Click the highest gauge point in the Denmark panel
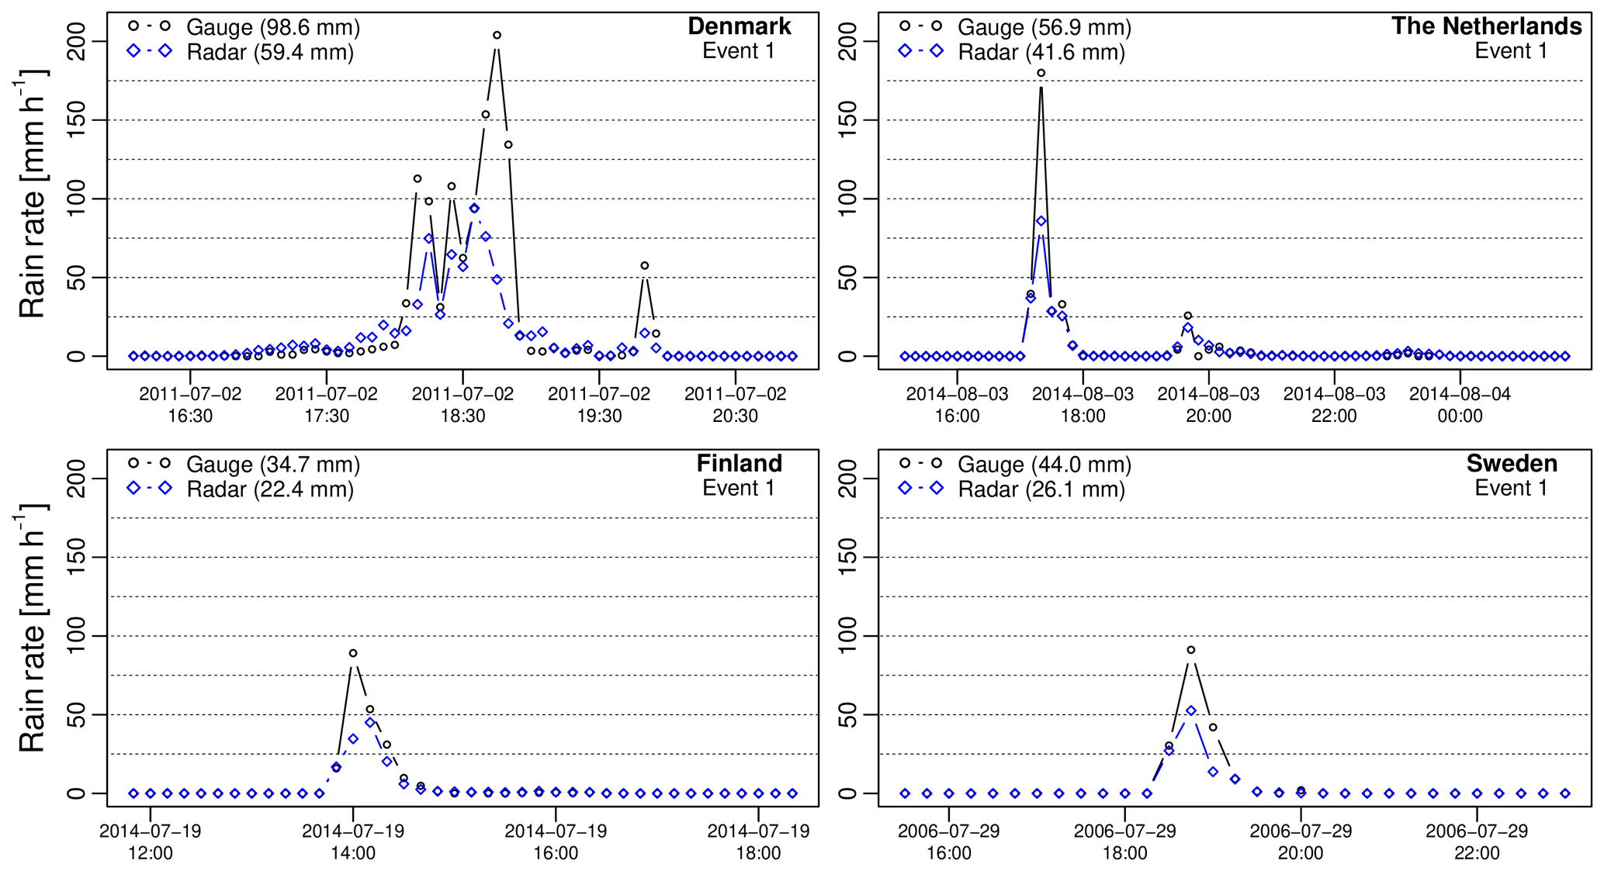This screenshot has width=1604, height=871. (x=497, y=35)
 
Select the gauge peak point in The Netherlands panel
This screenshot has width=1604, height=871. (x=1041, y=74)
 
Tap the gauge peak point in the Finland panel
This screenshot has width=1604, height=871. (x=353, y=653)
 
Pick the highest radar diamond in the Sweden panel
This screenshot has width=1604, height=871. (x=1191, y=710)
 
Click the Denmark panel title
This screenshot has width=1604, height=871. (x=739, y=26)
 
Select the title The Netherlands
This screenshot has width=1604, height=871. (x=1486, y=26)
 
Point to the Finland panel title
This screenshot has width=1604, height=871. (x=739, y=464)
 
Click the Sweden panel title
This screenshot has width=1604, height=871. (x=1512, y=464)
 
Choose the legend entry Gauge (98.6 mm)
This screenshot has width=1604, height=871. (x=272, y=27)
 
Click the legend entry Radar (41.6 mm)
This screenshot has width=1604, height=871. (x=1041, y=52)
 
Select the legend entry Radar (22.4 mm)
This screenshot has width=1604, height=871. (x=269, y=489)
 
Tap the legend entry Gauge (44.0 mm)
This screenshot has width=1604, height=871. (x=1044, y=465)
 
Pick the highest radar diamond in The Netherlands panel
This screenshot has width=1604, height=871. (x=1041, y=221)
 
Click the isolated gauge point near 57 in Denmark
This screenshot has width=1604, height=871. (x=644, y=266)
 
